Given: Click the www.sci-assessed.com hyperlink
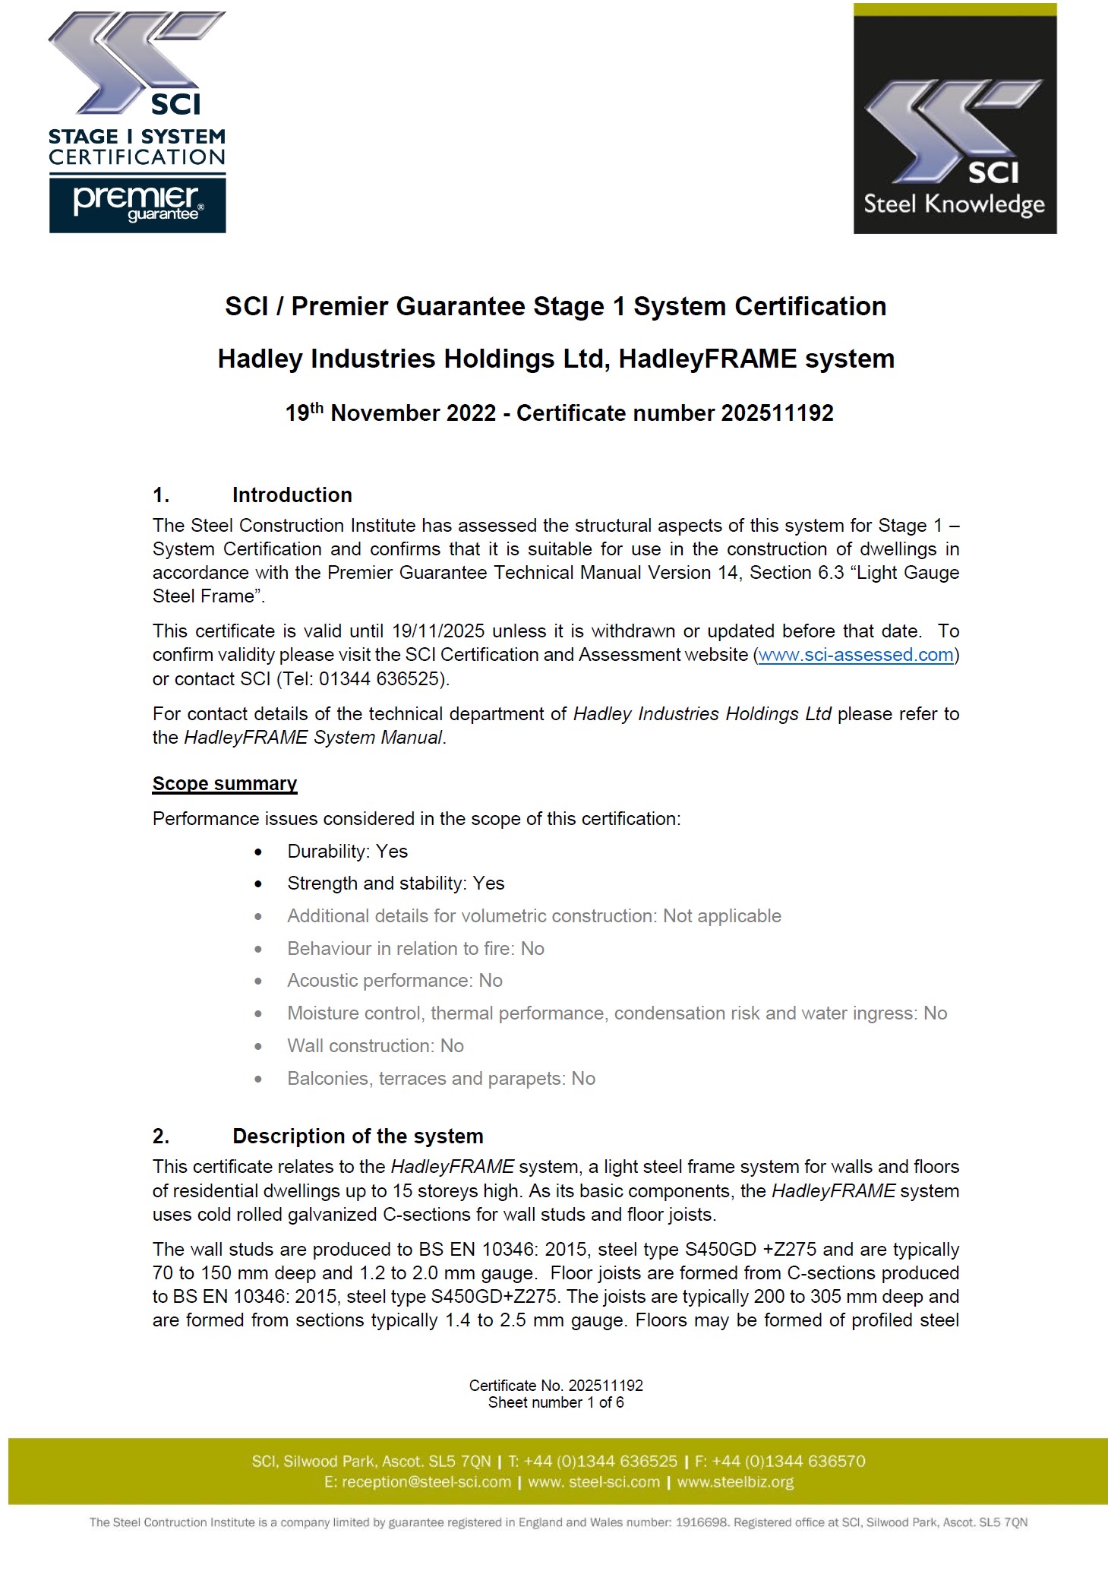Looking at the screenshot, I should (x=855, y=655).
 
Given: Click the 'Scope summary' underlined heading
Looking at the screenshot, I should (x=225, y=783).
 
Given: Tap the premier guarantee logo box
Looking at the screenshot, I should (x=137, y=204).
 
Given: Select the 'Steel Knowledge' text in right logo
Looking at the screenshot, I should (x=954, y=204).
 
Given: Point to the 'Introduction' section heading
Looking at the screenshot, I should (x=292, y=495).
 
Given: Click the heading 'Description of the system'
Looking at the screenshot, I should (x=358, y=1136).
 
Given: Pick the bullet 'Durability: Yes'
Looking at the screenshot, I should (x=347, y=852).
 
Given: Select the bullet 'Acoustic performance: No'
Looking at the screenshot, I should (x=394, y=981).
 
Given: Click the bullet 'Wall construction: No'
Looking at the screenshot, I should (x=375, y=1046).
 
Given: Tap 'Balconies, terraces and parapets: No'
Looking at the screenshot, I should (x=440, y=1079).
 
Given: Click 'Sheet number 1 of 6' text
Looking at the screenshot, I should (x=556, y=1402).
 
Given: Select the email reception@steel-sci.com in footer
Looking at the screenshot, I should (x=426, y=1482).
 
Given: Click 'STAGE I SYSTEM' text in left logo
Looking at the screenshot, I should (x=137, y=138).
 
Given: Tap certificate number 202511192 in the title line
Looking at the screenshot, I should (x=777, y=413).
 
